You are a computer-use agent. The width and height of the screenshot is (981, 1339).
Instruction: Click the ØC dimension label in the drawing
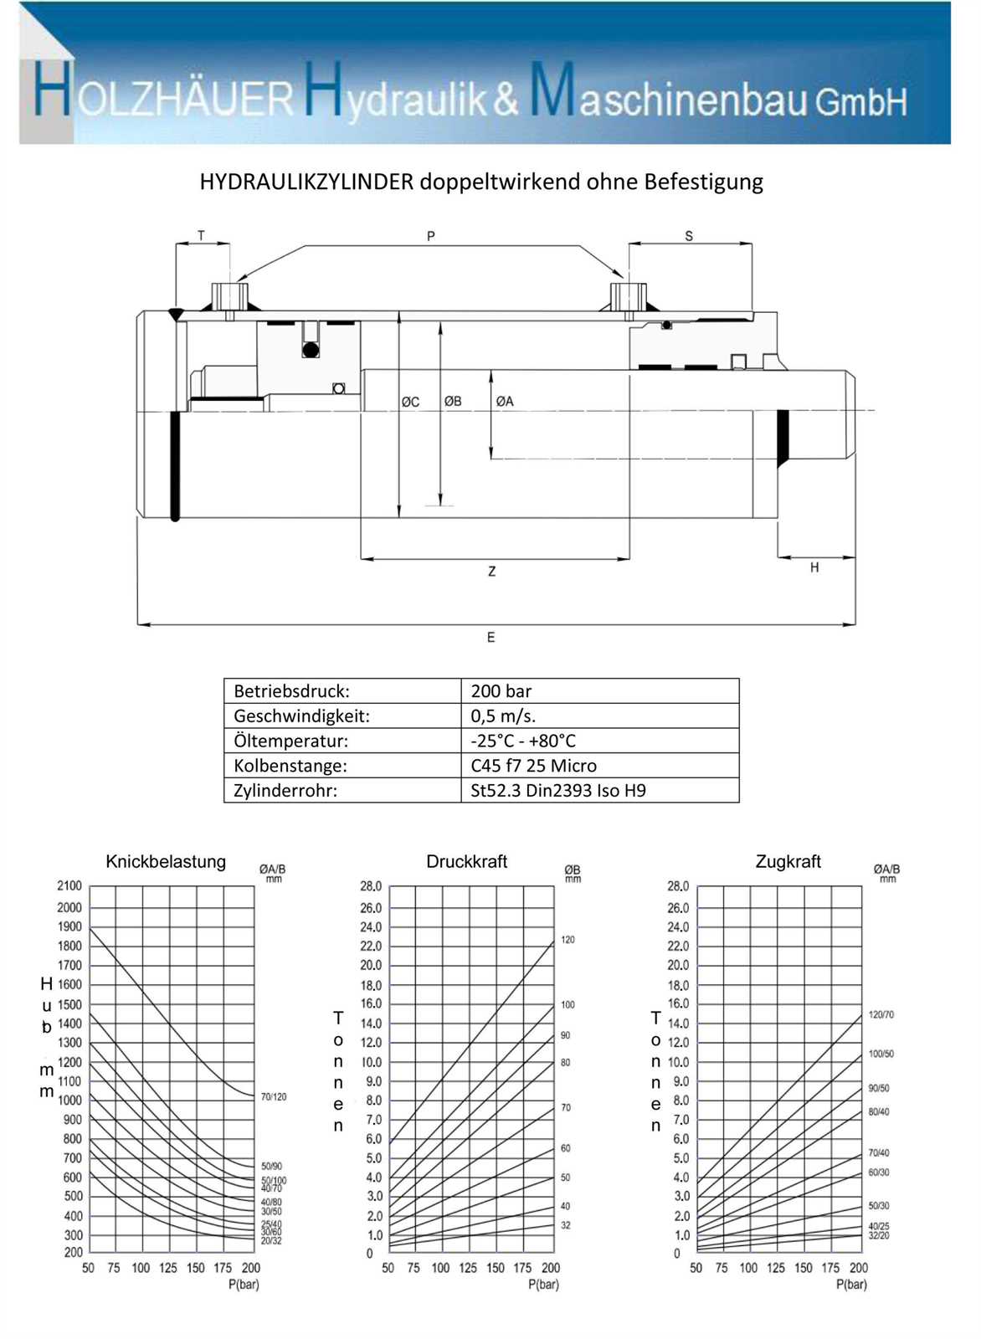(x=410, y=402)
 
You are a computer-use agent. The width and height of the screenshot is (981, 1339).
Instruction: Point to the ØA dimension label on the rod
(x=505, y=401)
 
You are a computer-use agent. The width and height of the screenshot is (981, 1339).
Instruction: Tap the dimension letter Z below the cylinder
(x=491, y=572)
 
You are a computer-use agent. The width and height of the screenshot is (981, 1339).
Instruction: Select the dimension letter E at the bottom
(x=490, y=638)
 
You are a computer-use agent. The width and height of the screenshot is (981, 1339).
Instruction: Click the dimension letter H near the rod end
(x=814, y=567)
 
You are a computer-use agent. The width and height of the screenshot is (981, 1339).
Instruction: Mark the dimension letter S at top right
(x=689, y=236)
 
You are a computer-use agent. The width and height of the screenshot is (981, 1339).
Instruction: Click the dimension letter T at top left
(x=201, y=236)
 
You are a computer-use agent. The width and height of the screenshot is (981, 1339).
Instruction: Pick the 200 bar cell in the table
(x=501, y=691)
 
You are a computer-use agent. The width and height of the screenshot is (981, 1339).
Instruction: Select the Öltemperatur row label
(x=290, y=741)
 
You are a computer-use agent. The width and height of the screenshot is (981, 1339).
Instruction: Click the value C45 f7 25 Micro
(x=533, y=766)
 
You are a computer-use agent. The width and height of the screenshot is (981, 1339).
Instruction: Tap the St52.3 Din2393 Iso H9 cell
(x=557, y=791)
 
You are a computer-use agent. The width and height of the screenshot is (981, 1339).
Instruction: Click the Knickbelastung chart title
(x=166, y=862)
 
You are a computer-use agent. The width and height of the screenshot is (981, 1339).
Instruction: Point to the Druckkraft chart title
(x=466, y=862)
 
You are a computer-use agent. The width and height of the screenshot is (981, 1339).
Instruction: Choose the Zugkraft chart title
(x=788, y=862)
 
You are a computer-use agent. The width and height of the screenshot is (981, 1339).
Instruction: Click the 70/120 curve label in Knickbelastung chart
(x=274, y=1096)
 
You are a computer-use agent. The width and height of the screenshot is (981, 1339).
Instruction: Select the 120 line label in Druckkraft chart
(x=568, y=940)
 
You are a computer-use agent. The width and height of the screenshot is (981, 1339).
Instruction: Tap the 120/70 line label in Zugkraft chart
(x=881, y=1015)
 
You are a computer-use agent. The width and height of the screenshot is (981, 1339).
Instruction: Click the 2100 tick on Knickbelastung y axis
(x=69, y=886)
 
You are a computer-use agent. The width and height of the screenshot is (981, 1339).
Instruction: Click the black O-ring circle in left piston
(x=311, y=350)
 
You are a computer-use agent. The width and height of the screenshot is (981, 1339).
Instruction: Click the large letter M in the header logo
(x=552, y=90)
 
